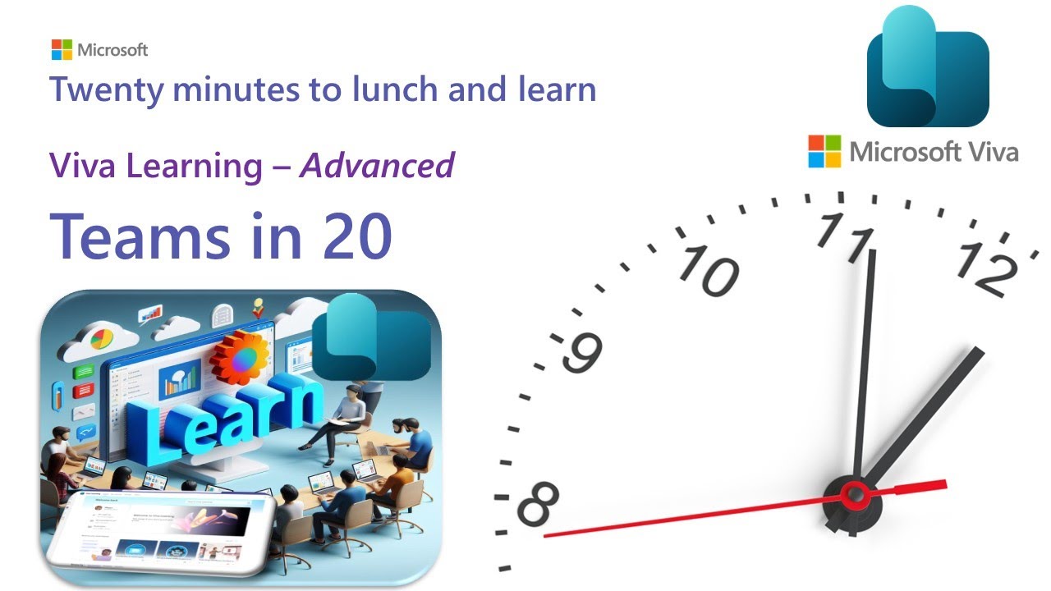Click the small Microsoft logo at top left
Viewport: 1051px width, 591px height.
coord(62,49)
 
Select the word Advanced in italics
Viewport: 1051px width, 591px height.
coord(377,166)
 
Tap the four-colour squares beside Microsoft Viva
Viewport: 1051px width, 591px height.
coord(825,151)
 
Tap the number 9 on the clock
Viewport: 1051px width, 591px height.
coord(584,351)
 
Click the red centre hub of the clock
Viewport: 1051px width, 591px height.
coord(855,495)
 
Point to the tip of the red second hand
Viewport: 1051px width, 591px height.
coord(545,536)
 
